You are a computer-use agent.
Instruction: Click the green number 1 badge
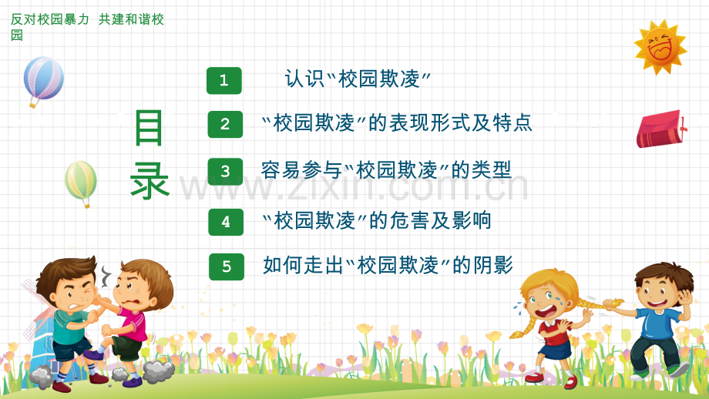(x=224, y=81)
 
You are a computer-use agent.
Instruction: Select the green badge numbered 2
(x=225, y=124)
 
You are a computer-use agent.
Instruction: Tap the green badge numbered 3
(x=225, y=172)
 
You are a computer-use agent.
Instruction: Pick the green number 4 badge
(x=226, y=222)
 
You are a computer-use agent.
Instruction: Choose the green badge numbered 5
(x=227, y=267)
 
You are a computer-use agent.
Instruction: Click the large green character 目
(x=149, y=128)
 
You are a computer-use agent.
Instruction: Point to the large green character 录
(x=150, y=182)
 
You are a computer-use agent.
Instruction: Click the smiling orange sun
(x=660, y=47)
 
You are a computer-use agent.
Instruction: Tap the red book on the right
(x=660, y=129)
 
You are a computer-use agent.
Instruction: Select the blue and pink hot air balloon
(x=43, y=79)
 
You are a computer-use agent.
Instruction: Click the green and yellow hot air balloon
(x=81, y=182)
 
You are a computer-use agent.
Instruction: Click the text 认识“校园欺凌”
(x=358, y=79)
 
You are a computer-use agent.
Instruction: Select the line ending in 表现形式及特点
(x=397, y=123)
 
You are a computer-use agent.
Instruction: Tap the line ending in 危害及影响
(x=377, y=221)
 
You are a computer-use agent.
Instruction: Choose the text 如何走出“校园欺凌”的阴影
(x=388, y=266)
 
